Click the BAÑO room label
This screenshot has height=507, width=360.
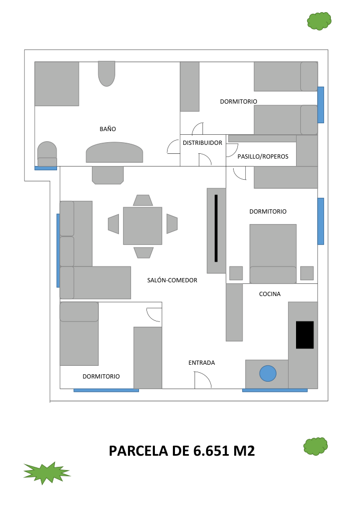(x=107, y=129)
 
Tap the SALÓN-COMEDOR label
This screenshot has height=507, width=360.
(x=172, y=280)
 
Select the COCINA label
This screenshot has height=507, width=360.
(x=270, y=294)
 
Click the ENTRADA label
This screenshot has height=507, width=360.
(x=201, y=363)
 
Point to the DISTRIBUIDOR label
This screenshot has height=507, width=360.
(x=202, y=143)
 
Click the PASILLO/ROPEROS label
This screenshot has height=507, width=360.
(x=263, y=156)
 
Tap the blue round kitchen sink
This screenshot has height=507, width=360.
(x=268, y=373)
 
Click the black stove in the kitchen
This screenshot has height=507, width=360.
(x=304, y=335)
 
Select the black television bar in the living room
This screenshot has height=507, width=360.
(x=216, y=228)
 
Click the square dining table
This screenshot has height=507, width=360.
(x=143, y=226)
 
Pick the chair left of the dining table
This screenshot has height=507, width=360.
(x=114, y=224)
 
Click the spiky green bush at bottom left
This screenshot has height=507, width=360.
(x=47, y=472)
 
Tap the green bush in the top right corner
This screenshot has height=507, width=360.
(x=319, y=21)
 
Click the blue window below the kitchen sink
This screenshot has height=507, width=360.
(x=274, y=390)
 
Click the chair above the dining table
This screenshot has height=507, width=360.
(x=143, y=200)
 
